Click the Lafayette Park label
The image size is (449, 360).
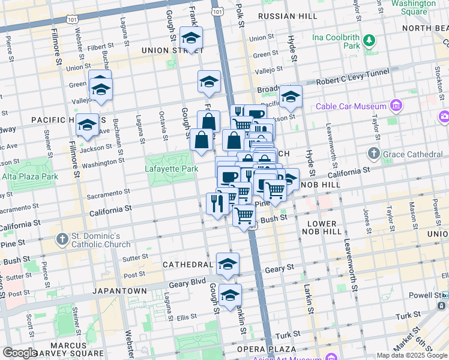click(172, 169)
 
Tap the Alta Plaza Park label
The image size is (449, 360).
click(29, 176)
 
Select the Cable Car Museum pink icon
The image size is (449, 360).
click(396, 107)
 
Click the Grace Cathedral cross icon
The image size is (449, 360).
click(374, 154)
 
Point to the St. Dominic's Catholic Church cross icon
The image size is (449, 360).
click(62, 240)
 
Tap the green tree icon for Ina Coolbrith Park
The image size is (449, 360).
click(369, 41)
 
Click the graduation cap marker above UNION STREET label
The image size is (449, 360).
click(191, 38)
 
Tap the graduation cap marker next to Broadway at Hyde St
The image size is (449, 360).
click(291, 97)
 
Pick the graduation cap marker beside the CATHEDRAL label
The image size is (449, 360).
click(228, 264)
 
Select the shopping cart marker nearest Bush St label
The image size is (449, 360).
click(244, 215)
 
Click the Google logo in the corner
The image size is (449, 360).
click(20, 353)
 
